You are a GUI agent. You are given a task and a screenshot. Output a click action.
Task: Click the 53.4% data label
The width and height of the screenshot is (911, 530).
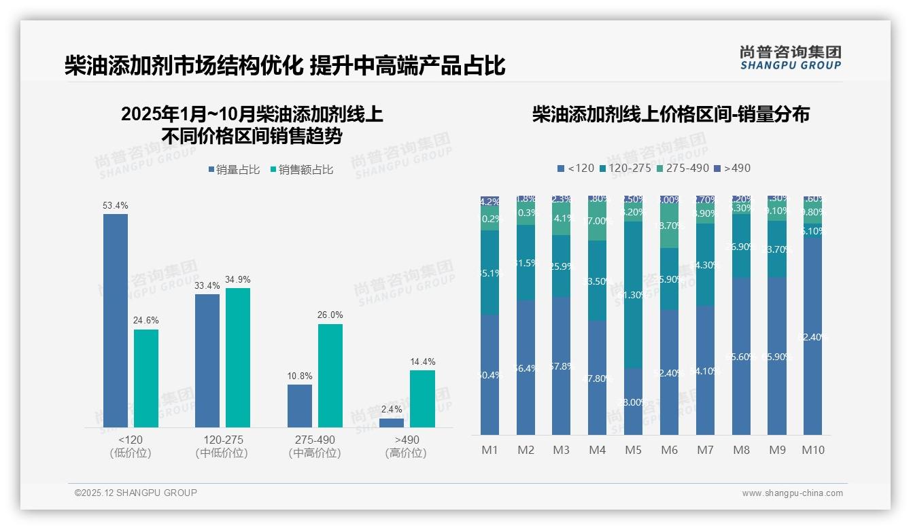pyautogui.click(x=116, y=205)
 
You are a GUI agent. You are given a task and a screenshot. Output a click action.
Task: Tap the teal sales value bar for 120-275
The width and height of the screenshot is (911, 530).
pyautogui.click(x=238, y=357)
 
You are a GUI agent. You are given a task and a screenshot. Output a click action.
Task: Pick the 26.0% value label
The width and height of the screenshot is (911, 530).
pyautogui.click(x=330, y=315)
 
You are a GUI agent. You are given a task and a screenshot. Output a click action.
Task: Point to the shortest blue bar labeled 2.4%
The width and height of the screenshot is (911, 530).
pyautogui.click(x=392, y=423)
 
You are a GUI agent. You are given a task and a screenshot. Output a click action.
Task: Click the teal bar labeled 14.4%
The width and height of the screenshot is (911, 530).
pyautogui.click(x=422, y=398)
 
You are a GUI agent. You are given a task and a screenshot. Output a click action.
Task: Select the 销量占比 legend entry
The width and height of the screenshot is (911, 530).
pyautogui.click(x=234, y=170)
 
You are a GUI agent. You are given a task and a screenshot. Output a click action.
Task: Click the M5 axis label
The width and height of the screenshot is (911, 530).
pyautogui.click(x=633, y=450)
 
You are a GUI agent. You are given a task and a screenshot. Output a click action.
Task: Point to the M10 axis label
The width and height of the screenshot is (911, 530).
pyautogui.click(x=813, y=450)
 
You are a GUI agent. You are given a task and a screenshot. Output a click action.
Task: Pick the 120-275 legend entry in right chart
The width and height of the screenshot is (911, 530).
pyautogui.click(x=625, y=168)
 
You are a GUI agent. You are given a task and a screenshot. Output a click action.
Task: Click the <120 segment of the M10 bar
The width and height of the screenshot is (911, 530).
pyautogui.click(x=813, y=336)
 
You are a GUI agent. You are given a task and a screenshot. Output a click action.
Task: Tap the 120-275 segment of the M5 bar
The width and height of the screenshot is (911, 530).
pyautogui.click(x=633, y=294)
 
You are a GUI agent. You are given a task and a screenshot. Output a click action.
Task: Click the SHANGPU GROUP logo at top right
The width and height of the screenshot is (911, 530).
pyautogui.click(x=790, y=57)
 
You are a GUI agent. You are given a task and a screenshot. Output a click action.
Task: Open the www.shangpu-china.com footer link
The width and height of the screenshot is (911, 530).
pyautogui.click(x=792, y=493)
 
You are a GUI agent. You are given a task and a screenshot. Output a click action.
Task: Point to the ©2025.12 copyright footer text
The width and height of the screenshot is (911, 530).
pyautogui.click(x=136, y=493)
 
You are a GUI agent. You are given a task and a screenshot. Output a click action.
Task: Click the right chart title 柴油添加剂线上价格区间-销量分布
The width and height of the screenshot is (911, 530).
pyautogui.click(x=670, y=114)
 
